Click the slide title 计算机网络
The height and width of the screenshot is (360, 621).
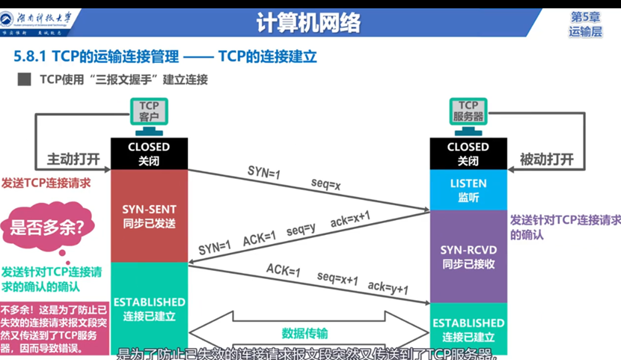(x=309, y=23)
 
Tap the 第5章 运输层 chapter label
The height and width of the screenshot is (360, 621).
(x=585, y=23)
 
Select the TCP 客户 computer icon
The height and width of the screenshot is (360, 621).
(x=149, y=114)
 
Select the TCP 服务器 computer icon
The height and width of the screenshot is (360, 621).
(x=468, y=114)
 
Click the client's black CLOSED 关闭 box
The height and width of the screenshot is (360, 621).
(x=149, y=153)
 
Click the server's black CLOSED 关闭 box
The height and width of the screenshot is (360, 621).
(x=468, y=153)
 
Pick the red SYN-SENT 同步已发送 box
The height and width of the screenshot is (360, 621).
(x=149, y=216)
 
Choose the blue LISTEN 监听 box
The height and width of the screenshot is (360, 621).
(x=468, y=189)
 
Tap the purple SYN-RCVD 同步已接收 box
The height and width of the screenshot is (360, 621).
(x=468, y=256)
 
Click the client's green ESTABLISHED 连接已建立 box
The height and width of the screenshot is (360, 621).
(x=149, y=308)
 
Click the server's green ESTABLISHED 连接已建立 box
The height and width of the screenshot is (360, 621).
(x=468, y=329)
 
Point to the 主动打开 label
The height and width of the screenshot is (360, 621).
(x=73, y=159)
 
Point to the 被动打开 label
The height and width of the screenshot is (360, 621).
(x=547, y=159)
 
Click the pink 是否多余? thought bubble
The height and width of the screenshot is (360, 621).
(x=47, y=226)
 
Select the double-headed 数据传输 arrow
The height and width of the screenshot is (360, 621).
(x=305, y=333)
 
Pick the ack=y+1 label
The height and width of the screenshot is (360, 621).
(x=388, y=287)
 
